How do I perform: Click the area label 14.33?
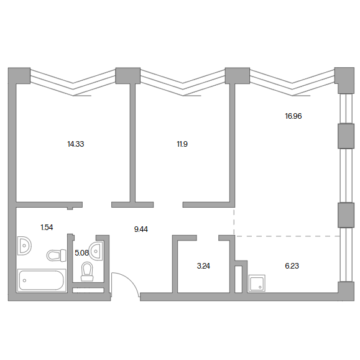click(x=76, y=144)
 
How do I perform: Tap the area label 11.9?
click(x=182, y=144)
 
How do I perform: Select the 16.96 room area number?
click(x=293, y=116)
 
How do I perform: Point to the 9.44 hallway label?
click(x=141, y=229)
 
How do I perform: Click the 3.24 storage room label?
click(x=203, y=266)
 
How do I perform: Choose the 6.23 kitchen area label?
click(x=292, y=266)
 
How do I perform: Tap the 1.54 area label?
click(x=47, y=228)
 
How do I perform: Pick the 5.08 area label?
click(x=81, y=253)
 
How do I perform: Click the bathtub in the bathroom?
click(x=42, y=280)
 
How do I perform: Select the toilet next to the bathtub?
click(x=57, y=255)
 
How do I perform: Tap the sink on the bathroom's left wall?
click(x=24, y=246)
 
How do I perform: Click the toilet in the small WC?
click(x=87, y=272)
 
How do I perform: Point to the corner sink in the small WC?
click(x=96, y=251)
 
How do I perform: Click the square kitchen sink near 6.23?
click(x=257, y=283)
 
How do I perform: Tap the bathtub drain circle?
click(x=25, y=280)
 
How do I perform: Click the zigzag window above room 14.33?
click(x=73, y=83)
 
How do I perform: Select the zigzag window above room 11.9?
click(x=183, y=83)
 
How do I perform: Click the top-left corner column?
click(x=19, y=75)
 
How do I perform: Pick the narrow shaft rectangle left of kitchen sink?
click(x=239, y=279)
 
